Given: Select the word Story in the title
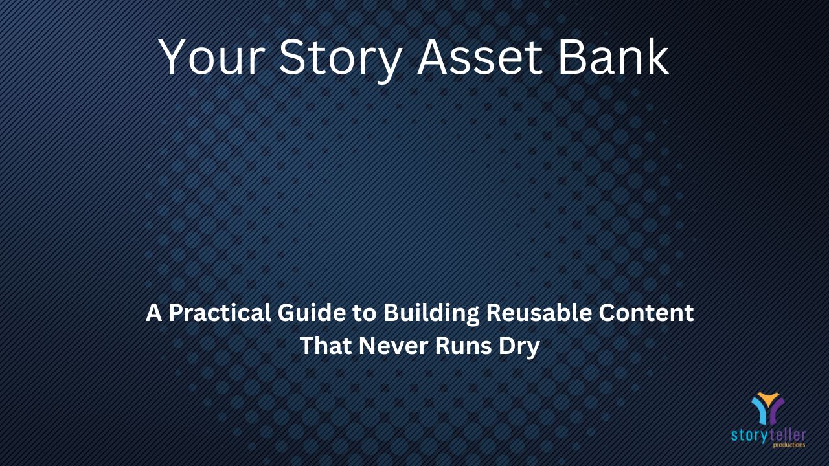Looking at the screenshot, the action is (341, 59).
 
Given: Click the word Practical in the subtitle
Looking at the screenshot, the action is (220, 313).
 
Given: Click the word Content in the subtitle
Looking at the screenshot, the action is (646, 313).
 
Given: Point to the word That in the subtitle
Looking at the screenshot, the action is (326, 346).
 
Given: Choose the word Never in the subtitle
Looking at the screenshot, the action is (393, 346).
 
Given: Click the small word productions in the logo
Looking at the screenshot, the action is (789, 445).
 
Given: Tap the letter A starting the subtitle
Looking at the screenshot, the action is (154, 313).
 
